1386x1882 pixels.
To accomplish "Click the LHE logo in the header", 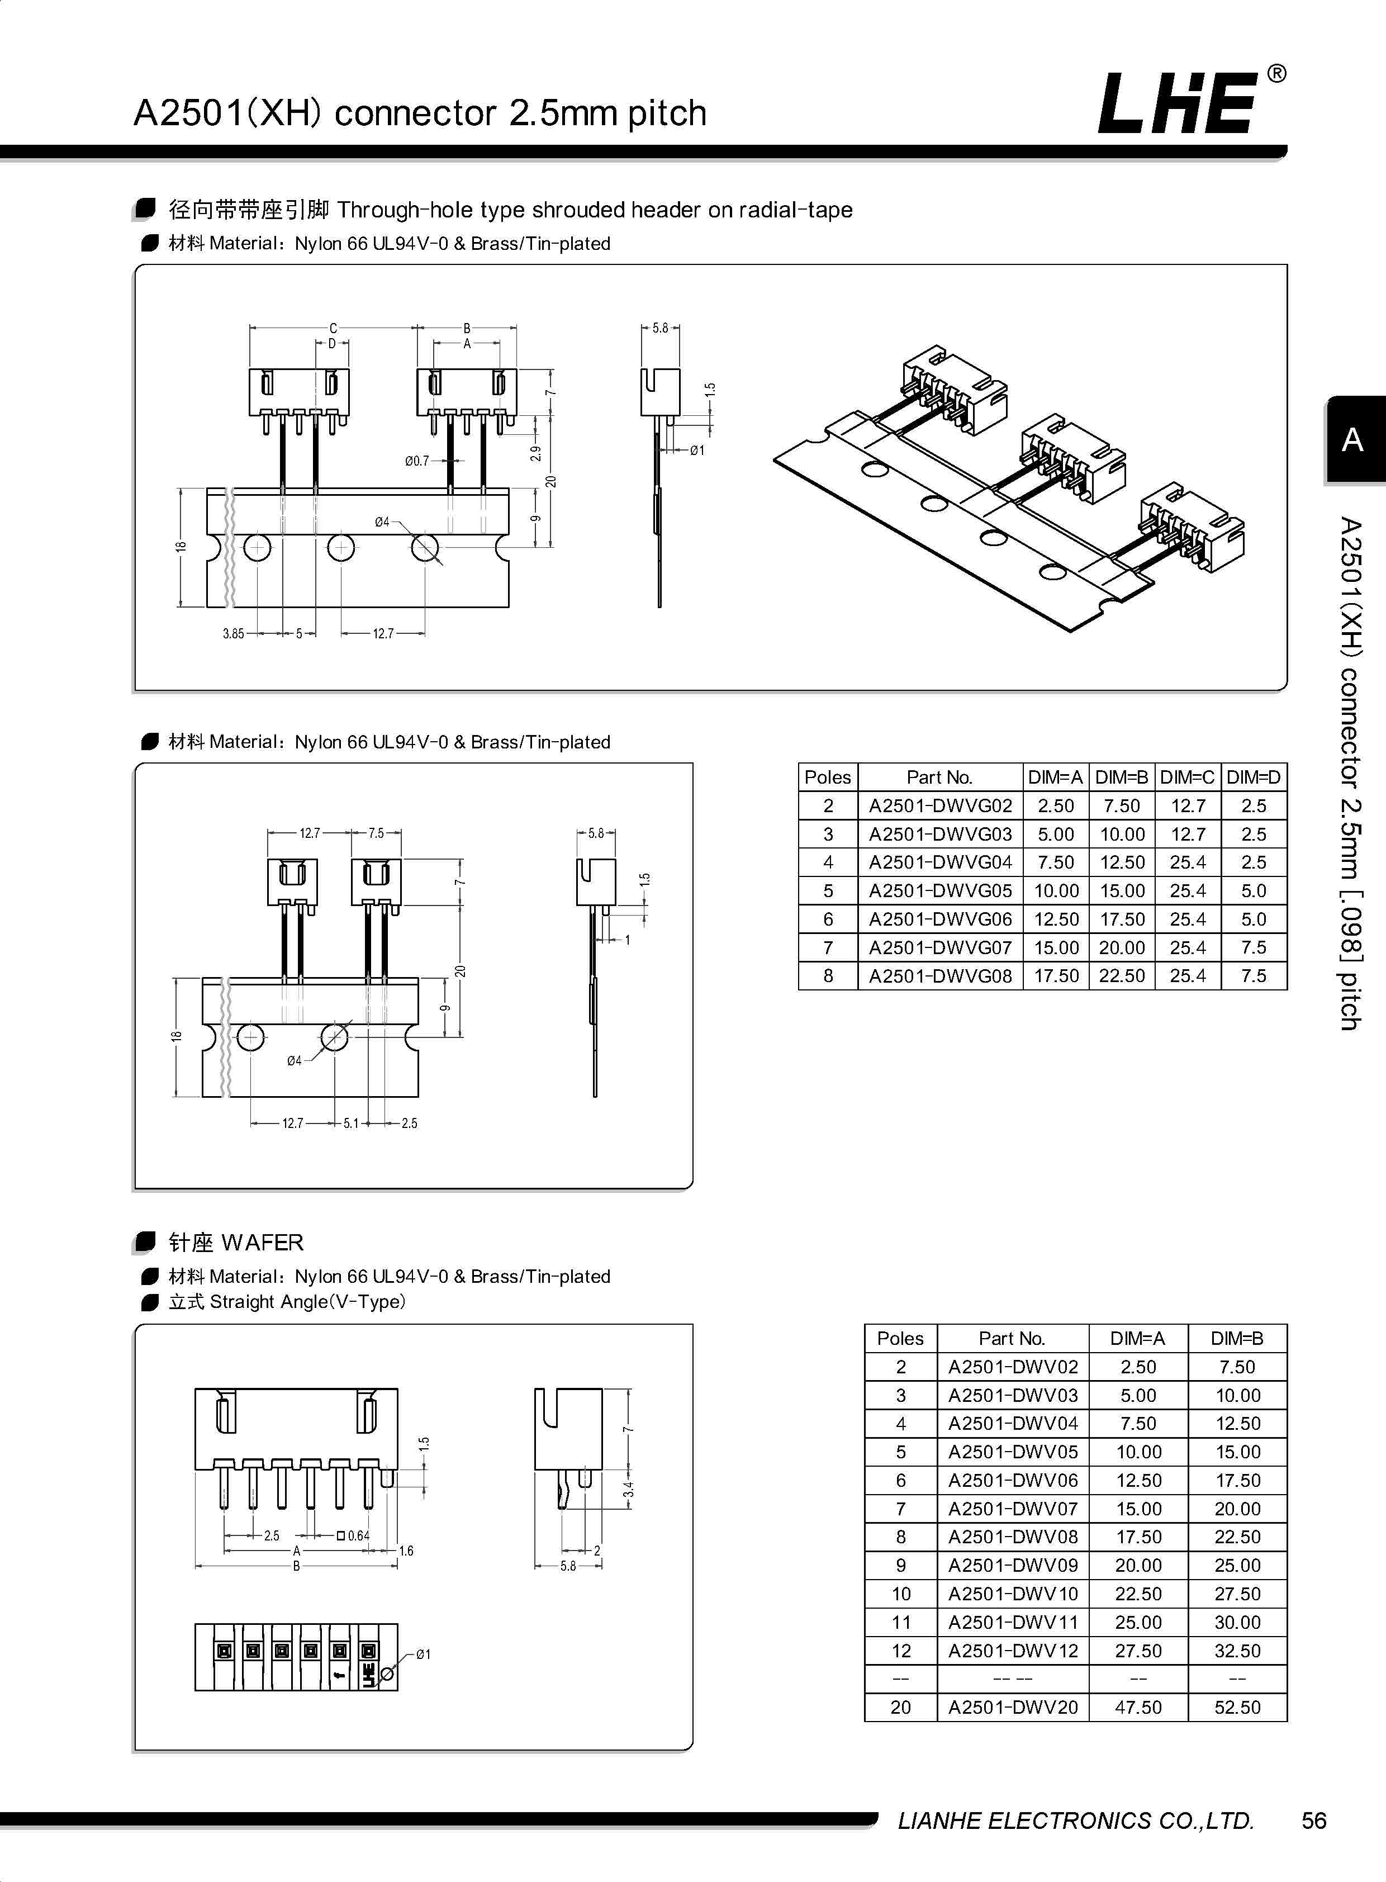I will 1179,104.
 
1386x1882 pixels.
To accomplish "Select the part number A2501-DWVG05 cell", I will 939,890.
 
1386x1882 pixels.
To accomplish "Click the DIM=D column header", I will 1254,777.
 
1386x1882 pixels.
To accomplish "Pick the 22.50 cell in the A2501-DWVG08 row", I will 1122,976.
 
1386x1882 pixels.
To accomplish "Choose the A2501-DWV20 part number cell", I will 1013,1706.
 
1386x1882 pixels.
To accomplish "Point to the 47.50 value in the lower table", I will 1138,1706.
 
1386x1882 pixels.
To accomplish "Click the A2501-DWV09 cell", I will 1013,1565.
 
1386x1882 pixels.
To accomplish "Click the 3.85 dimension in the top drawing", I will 233,633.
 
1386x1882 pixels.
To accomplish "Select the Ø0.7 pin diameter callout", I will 416,461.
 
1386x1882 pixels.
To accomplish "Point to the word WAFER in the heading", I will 263,1242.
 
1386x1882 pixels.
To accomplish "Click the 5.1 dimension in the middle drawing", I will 351,1122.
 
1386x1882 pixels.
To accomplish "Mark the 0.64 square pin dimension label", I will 358,1535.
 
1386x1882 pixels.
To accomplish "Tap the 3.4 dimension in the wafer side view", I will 628,1489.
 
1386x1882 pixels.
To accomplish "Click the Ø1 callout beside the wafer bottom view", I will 424,1655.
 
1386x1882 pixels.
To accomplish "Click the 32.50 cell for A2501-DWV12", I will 1237,1651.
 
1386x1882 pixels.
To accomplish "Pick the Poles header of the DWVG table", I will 827,777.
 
